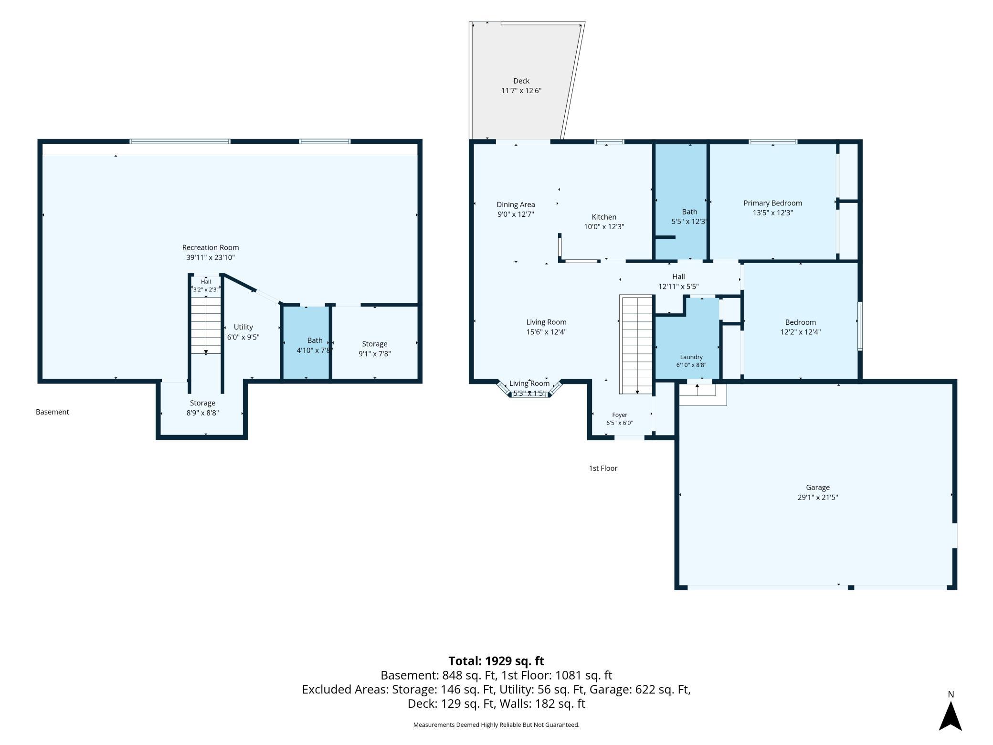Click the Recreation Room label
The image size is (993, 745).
click(211, 247)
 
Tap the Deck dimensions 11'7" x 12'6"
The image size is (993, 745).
click(521, 91)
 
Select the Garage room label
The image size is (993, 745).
click(818, 488)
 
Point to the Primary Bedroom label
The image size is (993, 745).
click(773, 203)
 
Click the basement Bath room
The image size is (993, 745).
click(306, 342)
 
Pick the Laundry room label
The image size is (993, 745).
click(691, 357)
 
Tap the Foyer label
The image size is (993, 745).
click(620, 415)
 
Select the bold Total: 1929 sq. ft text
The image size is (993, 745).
click(496, 661)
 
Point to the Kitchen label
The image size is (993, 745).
click(604, 217)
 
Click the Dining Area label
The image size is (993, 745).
click(516, 204)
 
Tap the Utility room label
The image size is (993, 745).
click(243, 327)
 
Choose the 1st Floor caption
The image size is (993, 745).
click(603, 468)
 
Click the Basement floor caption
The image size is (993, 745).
click(53, 412)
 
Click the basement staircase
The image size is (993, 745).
click(206, 325)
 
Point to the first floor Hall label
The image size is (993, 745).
click(678, 277)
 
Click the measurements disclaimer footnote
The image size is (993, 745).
click(496, 724)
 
